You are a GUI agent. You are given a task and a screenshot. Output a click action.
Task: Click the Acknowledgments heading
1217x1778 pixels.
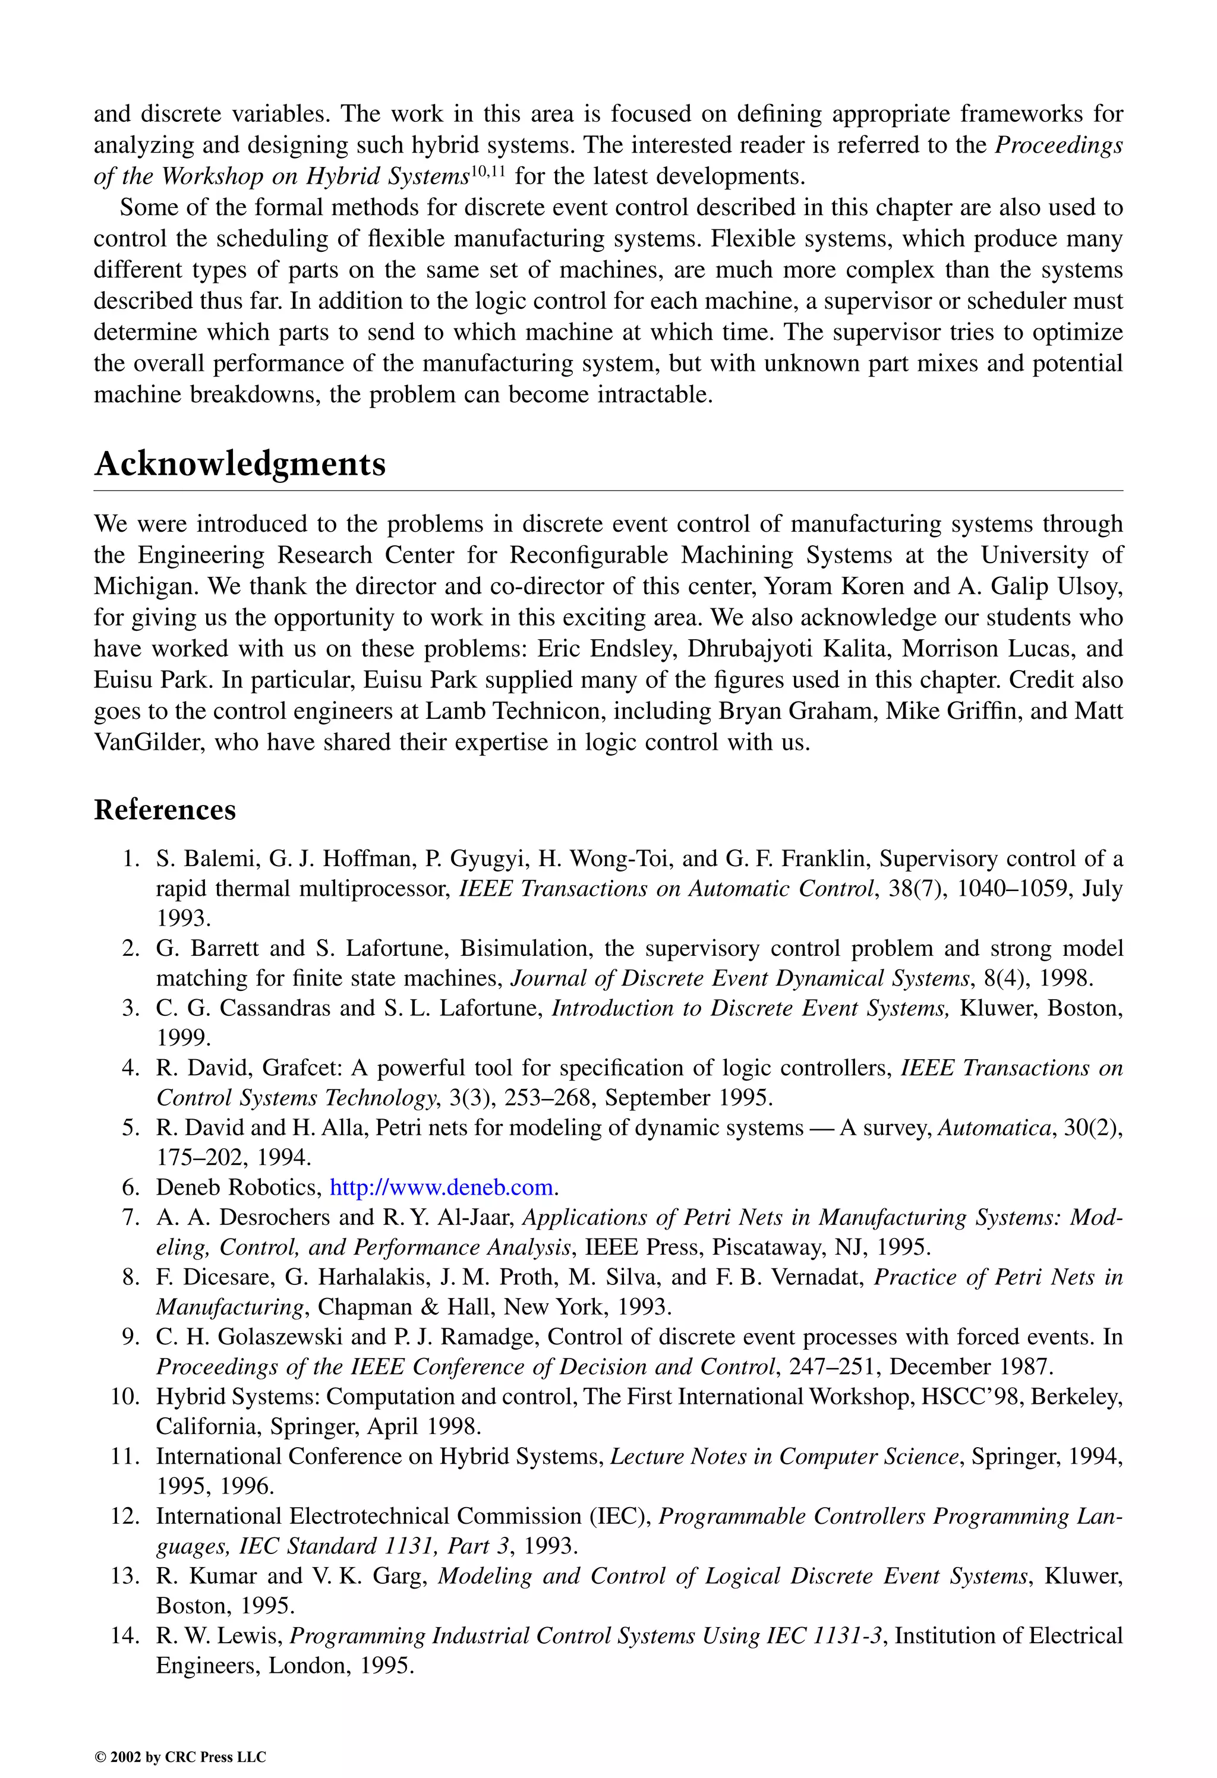click(x=239, y=465)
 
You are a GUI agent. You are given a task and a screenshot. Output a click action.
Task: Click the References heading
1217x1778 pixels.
click(x=165, y=810)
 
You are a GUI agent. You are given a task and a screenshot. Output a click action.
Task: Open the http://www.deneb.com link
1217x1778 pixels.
click(x=441, y=1188)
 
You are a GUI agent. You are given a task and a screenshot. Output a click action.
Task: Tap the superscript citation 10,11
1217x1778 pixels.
click(x=487, y=170)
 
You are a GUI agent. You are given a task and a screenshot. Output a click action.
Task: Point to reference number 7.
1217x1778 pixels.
click(x=130, y=1217)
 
